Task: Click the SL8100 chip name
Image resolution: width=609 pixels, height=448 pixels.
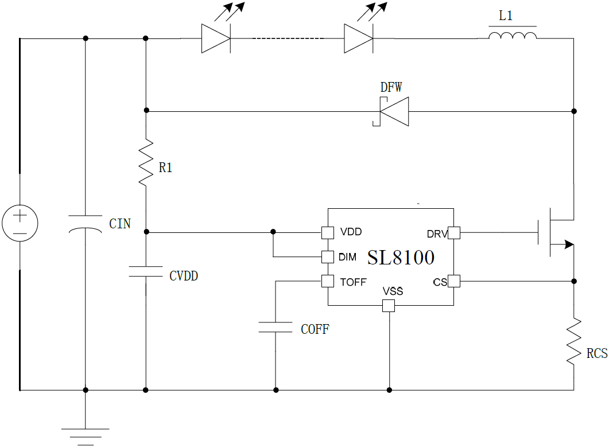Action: point(401,258)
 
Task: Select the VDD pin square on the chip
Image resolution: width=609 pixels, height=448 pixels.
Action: point(328,232)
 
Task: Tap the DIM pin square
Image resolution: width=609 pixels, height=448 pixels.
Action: point(328,256)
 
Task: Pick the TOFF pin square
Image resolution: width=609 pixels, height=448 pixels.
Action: point(328,281)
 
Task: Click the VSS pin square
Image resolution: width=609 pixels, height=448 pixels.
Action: point(389,306)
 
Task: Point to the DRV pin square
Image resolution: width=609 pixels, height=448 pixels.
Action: point(453,233)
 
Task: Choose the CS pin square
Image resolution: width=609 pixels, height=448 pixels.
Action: point(453,281)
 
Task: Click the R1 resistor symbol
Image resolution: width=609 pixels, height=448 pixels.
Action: point(146,161)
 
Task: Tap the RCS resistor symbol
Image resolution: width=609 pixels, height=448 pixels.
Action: point(573,341)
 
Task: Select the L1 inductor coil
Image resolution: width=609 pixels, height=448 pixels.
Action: point(513,36)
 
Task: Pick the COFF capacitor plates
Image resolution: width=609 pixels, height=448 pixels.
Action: point(276,328)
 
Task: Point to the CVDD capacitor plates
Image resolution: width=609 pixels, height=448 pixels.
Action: point(146,271)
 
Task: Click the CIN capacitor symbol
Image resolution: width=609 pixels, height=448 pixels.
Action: point(86,223)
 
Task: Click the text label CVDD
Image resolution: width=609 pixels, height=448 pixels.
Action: point(184,276)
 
